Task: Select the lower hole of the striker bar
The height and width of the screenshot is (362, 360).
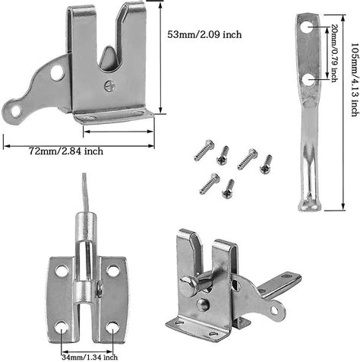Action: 308,100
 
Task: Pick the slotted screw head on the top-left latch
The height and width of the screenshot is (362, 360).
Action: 112,88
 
